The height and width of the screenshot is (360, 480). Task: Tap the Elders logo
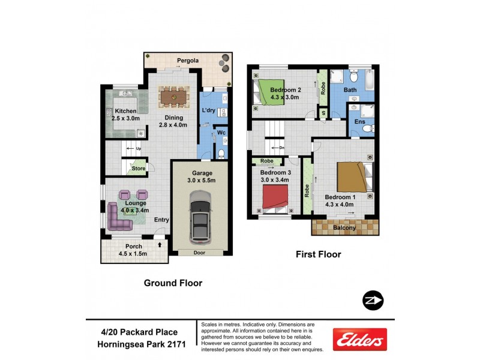pos(359,340)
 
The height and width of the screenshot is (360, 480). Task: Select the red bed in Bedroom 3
pos(275,197)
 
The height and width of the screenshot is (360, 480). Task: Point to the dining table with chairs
pos(175,95)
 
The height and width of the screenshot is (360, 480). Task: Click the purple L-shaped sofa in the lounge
pos(118,218)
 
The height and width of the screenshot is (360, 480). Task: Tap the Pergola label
pos(188,61)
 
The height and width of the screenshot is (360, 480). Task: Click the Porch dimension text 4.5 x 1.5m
pos(133,253)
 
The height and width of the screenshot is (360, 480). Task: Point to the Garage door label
pos(199,252)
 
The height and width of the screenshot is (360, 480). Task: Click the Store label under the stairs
pos(139,169)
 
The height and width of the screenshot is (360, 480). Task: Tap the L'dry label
pos(208,111)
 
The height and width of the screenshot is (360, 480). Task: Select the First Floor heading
pos(318,254)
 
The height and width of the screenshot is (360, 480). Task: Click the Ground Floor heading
pos(172,283)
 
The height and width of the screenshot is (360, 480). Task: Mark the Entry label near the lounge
pos(161,220)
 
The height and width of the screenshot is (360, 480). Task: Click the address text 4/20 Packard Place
pos(139,332)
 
